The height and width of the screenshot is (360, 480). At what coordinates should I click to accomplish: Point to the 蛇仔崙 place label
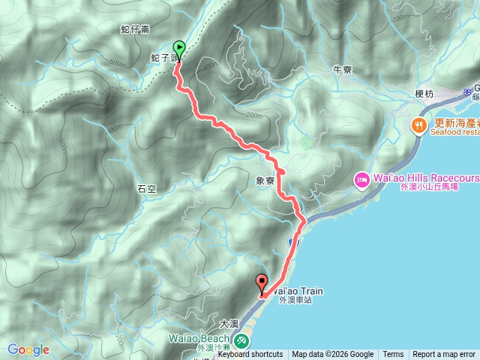135,30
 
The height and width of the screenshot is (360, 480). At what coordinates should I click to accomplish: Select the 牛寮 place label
342,70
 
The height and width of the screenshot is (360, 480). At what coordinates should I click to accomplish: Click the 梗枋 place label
424,94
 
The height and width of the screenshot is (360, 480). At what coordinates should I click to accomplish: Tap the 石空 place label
145,189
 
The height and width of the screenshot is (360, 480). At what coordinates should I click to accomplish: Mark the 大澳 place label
229,324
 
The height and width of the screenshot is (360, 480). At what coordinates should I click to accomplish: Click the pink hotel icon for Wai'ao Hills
361,180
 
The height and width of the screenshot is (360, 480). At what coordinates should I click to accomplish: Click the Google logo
28,349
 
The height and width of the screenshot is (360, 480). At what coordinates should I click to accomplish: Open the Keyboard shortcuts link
250,355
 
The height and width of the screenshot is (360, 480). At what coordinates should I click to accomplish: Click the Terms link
393,355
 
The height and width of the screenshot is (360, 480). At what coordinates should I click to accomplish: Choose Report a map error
444,355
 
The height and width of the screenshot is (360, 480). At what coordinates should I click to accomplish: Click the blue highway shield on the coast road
293,242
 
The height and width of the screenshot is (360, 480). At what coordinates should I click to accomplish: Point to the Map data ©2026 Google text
332,355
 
